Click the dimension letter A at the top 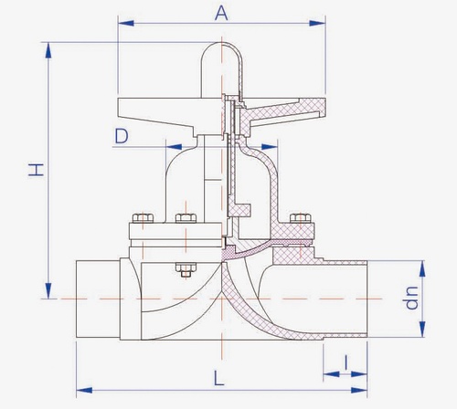[x=221, y=14]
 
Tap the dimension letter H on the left [x=37, y=170]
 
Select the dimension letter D [x=122, y=136]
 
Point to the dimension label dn [x=411, y=298]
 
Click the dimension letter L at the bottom [x=218, y=378]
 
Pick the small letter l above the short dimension [x=345, y=362]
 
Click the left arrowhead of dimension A [x=126, y=23]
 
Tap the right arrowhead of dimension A [x=317, y=23]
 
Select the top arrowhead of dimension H [x=48, y=50]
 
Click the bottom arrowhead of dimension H [x=48, y=290]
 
